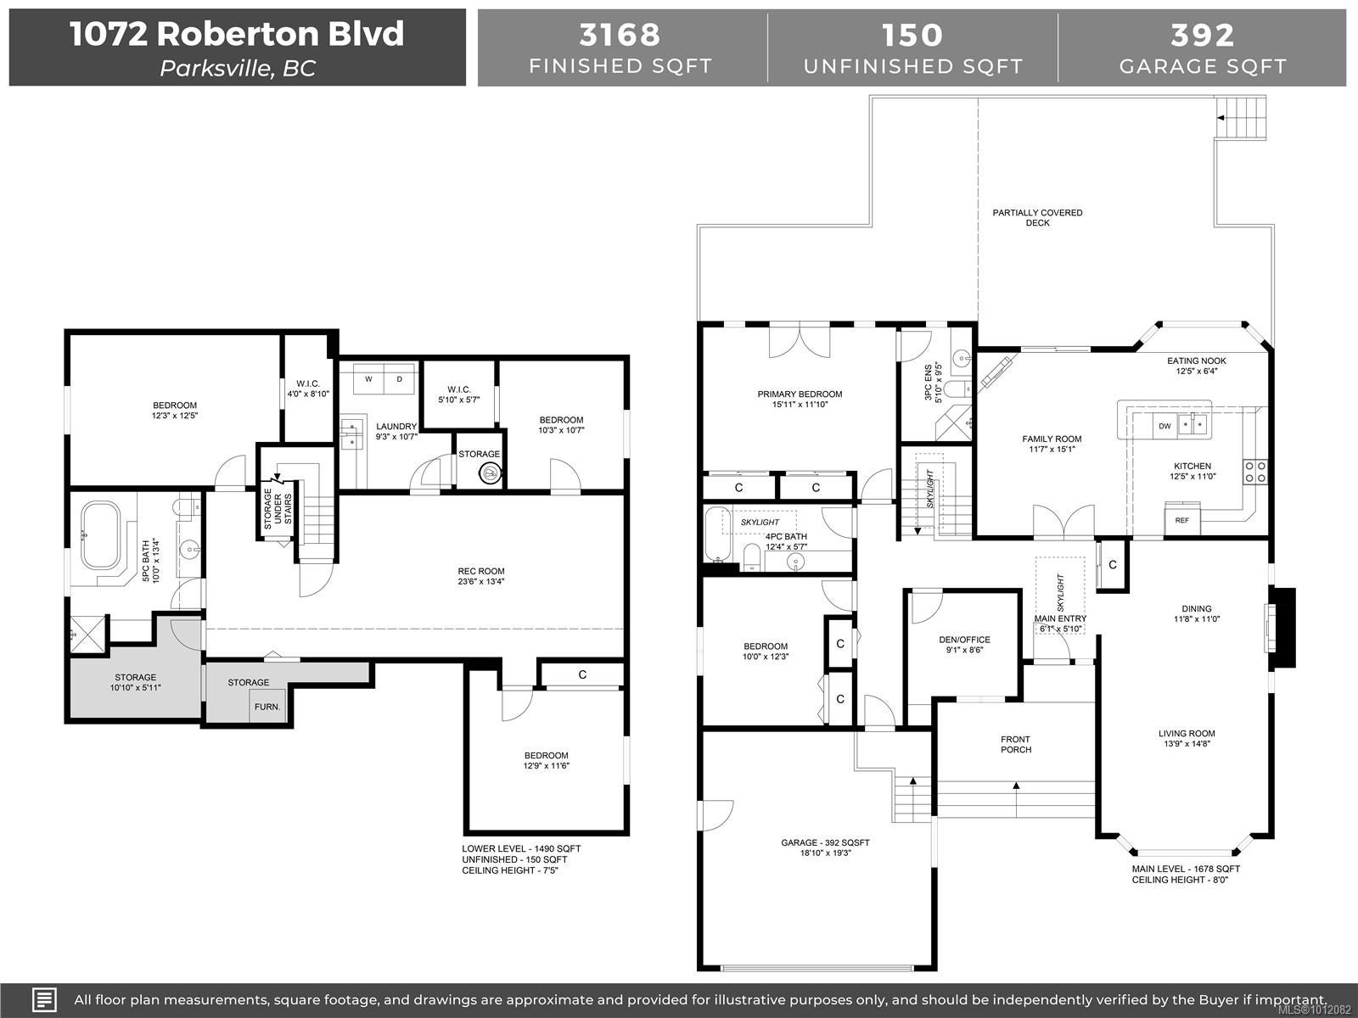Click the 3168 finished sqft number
(620, 35)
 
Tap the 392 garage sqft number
(1202, 35)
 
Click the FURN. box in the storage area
(267, 706)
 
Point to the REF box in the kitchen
(1181, 520)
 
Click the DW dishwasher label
(1165, 426)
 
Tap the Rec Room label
(480, 571)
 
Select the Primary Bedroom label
(800, 394)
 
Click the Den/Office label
(964, 640)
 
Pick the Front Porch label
(1016, 744)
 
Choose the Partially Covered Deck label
(1037, 217)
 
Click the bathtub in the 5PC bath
(101, 534)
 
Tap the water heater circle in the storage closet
(490, 474)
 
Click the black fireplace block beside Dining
(1282, 628)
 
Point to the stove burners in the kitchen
(1254, 472)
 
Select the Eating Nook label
(1196, 361)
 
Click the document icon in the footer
(44, 999)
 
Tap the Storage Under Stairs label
(278, 508)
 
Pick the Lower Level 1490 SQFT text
(521, 848)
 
